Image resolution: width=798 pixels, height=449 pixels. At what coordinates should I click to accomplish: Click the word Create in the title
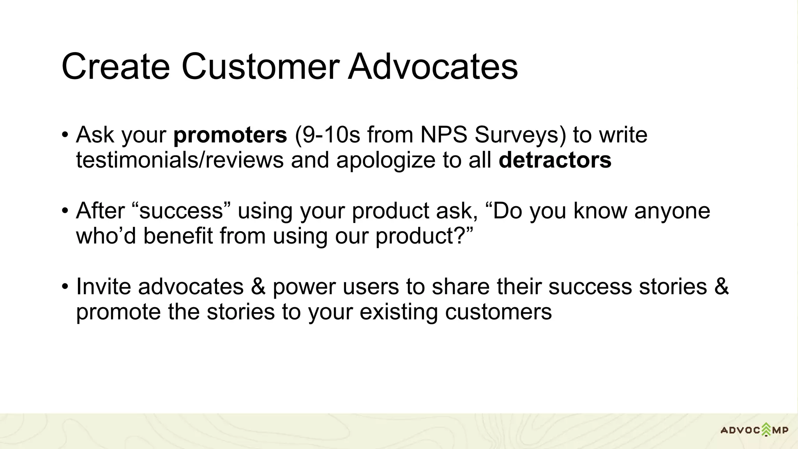pyautogui.click(x=116, y=67)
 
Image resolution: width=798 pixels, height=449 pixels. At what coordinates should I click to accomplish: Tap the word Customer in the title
pyautogui.click(x=260, y=67)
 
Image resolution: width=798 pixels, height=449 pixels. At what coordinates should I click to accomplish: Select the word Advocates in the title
pyautogui.click(x=433, y=67)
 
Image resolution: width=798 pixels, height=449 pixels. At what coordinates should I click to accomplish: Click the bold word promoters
pyautogui.click(x=230, y=136)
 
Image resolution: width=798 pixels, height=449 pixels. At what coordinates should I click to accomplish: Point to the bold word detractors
pyautogui.click(x=555, y=160)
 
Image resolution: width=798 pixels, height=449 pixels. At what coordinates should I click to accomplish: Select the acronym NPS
pyautogui.click(x=443, y=135)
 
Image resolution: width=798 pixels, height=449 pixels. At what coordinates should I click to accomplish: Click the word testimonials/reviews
pyautogui.click(x=180, y=160)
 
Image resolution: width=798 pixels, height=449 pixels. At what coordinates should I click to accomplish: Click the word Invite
pyautogui.click(x=103, y=287)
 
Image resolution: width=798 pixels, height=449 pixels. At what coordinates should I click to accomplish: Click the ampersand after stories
pyautogui.click(x=721, y=287)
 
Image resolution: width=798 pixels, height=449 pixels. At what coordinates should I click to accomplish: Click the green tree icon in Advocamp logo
pyautogui.click(x=766, y=430)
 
